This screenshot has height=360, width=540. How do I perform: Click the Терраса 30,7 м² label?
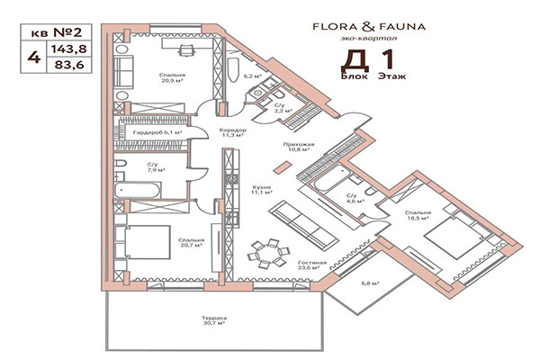pos(213,321)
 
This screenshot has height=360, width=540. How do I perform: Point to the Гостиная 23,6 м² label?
pos(310,264)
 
